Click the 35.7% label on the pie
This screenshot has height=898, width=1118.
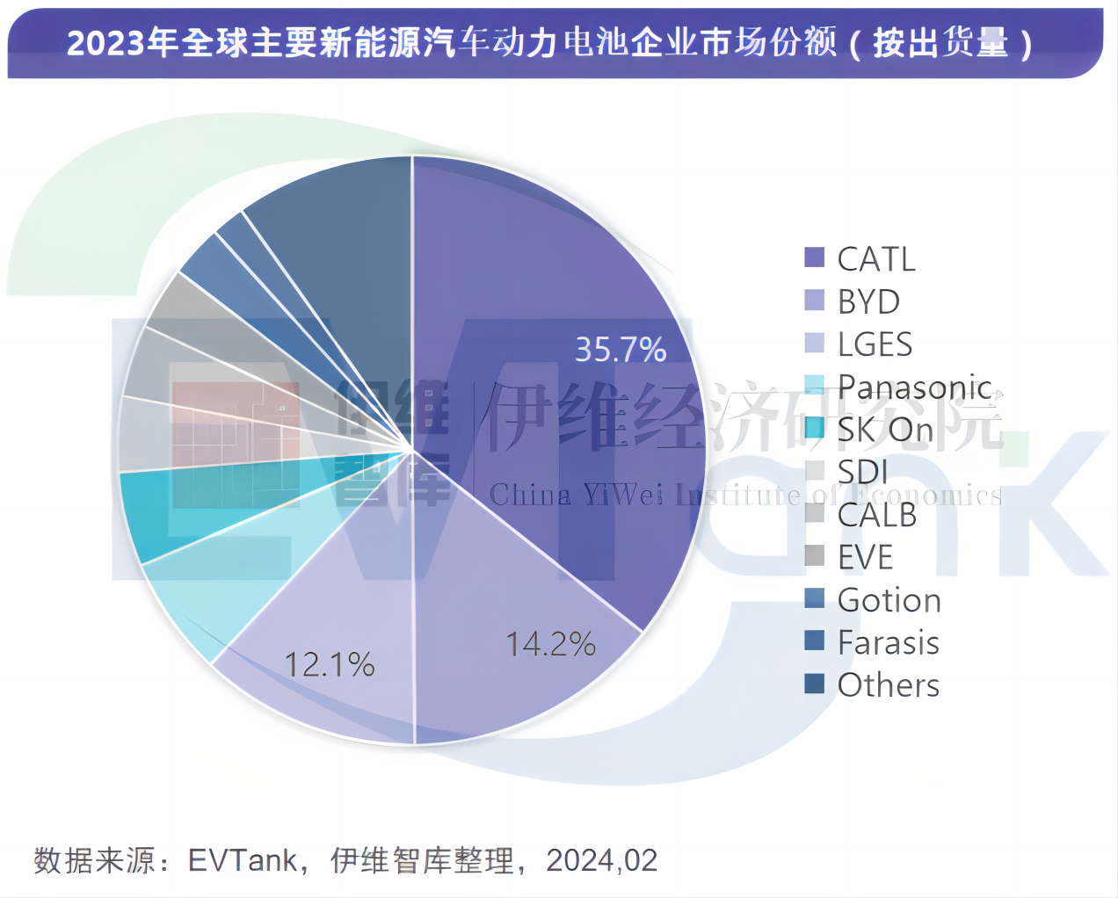621,350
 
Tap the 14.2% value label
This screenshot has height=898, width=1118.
551,644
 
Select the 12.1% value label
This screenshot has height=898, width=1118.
330,664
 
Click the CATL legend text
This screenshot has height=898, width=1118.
876,259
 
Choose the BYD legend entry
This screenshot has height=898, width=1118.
868,302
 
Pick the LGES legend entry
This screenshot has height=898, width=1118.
875,344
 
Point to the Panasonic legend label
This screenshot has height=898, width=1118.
914,387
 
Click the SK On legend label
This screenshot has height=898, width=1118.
884,430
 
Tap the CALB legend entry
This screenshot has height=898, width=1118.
876,515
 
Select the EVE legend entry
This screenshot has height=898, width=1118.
865,557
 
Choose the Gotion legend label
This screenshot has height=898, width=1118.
889,600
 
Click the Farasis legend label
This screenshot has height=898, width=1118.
888,642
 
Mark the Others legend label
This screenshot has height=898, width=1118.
888,685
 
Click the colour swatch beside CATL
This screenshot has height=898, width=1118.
815,257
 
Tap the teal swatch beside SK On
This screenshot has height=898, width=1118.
815,428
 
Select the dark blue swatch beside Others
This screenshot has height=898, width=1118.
815,684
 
